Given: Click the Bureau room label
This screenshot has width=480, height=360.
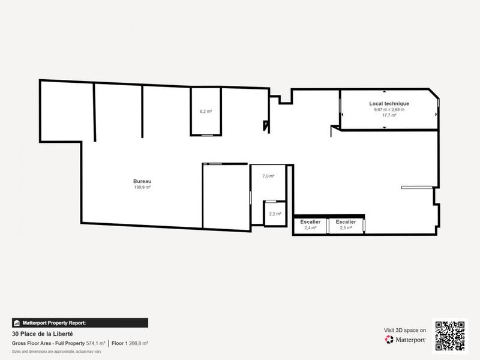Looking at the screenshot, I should click(142, 181).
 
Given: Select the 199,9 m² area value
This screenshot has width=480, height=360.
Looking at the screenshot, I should click(142, 187).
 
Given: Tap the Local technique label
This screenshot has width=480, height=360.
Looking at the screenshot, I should click(389, 104).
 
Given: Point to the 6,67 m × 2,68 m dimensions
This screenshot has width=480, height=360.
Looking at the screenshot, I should click(389, 109).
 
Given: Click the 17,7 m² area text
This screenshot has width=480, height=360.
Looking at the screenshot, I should click(389, 115).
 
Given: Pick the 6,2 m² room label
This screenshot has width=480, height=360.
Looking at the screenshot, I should click(206, 111).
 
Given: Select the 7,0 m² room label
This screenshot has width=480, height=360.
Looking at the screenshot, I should click(268, 176).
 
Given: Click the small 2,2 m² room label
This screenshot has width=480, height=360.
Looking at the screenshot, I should click(275, 214).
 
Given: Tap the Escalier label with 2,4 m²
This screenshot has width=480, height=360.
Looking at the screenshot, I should click(310, 222).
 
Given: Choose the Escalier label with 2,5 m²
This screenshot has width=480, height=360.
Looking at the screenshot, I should click(346, 222).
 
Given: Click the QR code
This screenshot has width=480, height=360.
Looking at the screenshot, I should click(450, 335).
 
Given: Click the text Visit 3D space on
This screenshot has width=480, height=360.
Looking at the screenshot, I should click(405, 330).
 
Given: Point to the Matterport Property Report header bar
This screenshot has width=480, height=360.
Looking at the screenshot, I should click(80, 323).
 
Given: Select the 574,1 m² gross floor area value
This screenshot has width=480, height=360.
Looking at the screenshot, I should click(95, 343).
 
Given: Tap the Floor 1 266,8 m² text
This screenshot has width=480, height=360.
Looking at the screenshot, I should click(130, 343).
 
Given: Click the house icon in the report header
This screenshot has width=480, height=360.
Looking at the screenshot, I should click(17, 323).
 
